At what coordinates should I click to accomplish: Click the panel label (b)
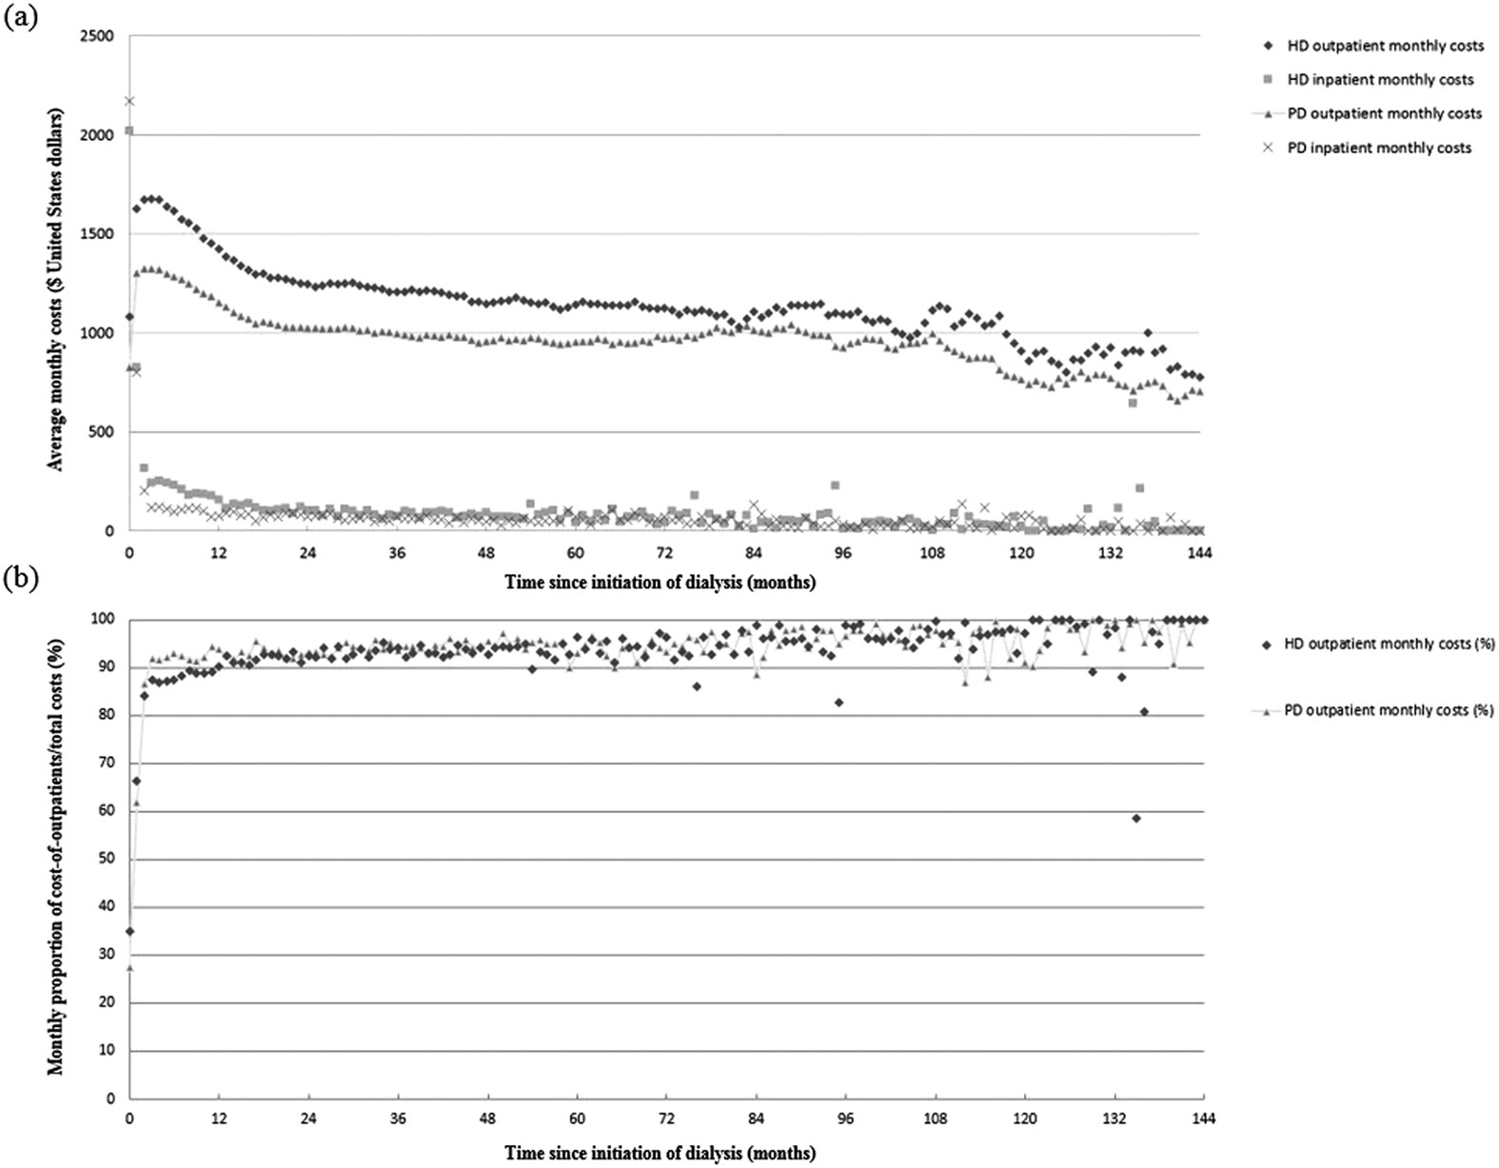coord(20,580)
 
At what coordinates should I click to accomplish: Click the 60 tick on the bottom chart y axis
coord(108,811)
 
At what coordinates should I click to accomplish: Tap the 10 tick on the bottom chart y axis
coord(108,1051)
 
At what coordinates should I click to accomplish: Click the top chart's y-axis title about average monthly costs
coord(57,287)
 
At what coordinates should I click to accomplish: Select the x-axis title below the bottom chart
coord(660,1153)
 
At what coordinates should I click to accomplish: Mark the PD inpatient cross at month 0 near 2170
coord(129,101)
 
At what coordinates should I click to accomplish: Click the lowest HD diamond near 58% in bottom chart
coord(1136,819)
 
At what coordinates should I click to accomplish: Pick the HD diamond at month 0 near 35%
coord(129,931)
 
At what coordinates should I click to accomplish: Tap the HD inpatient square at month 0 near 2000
coord(129,130)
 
